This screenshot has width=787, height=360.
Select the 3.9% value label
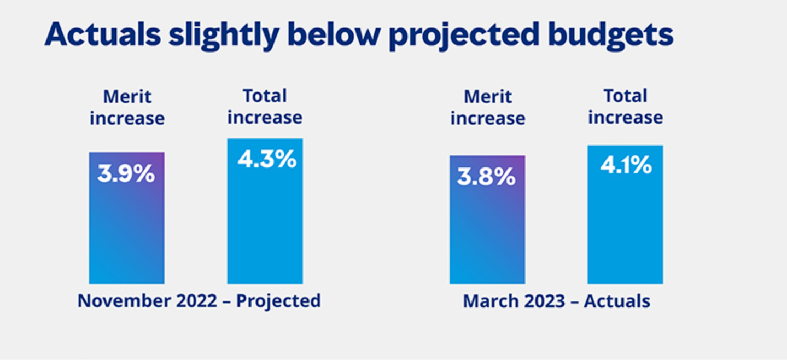click(x=126, y=174)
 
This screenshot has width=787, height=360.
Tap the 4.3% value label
click(x=266, y=159)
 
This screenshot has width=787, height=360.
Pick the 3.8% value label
click(x=486, y=177)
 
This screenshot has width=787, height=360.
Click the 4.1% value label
click(x=626, y=165)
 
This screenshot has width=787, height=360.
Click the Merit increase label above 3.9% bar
click(x=127, y=107)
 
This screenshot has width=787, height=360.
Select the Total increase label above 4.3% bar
click(x=265, y=106)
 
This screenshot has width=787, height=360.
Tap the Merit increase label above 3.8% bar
click(x=487, y=107)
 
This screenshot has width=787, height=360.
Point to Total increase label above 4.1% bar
click(x=626, y=106)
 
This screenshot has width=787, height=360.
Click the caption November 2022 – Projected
click(x=199, y=301)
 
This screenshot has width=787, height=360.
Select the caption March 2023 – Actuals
click(x=557, y=301)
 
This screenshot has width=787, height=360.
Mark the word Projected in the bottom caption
click(x=278, y=301)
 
